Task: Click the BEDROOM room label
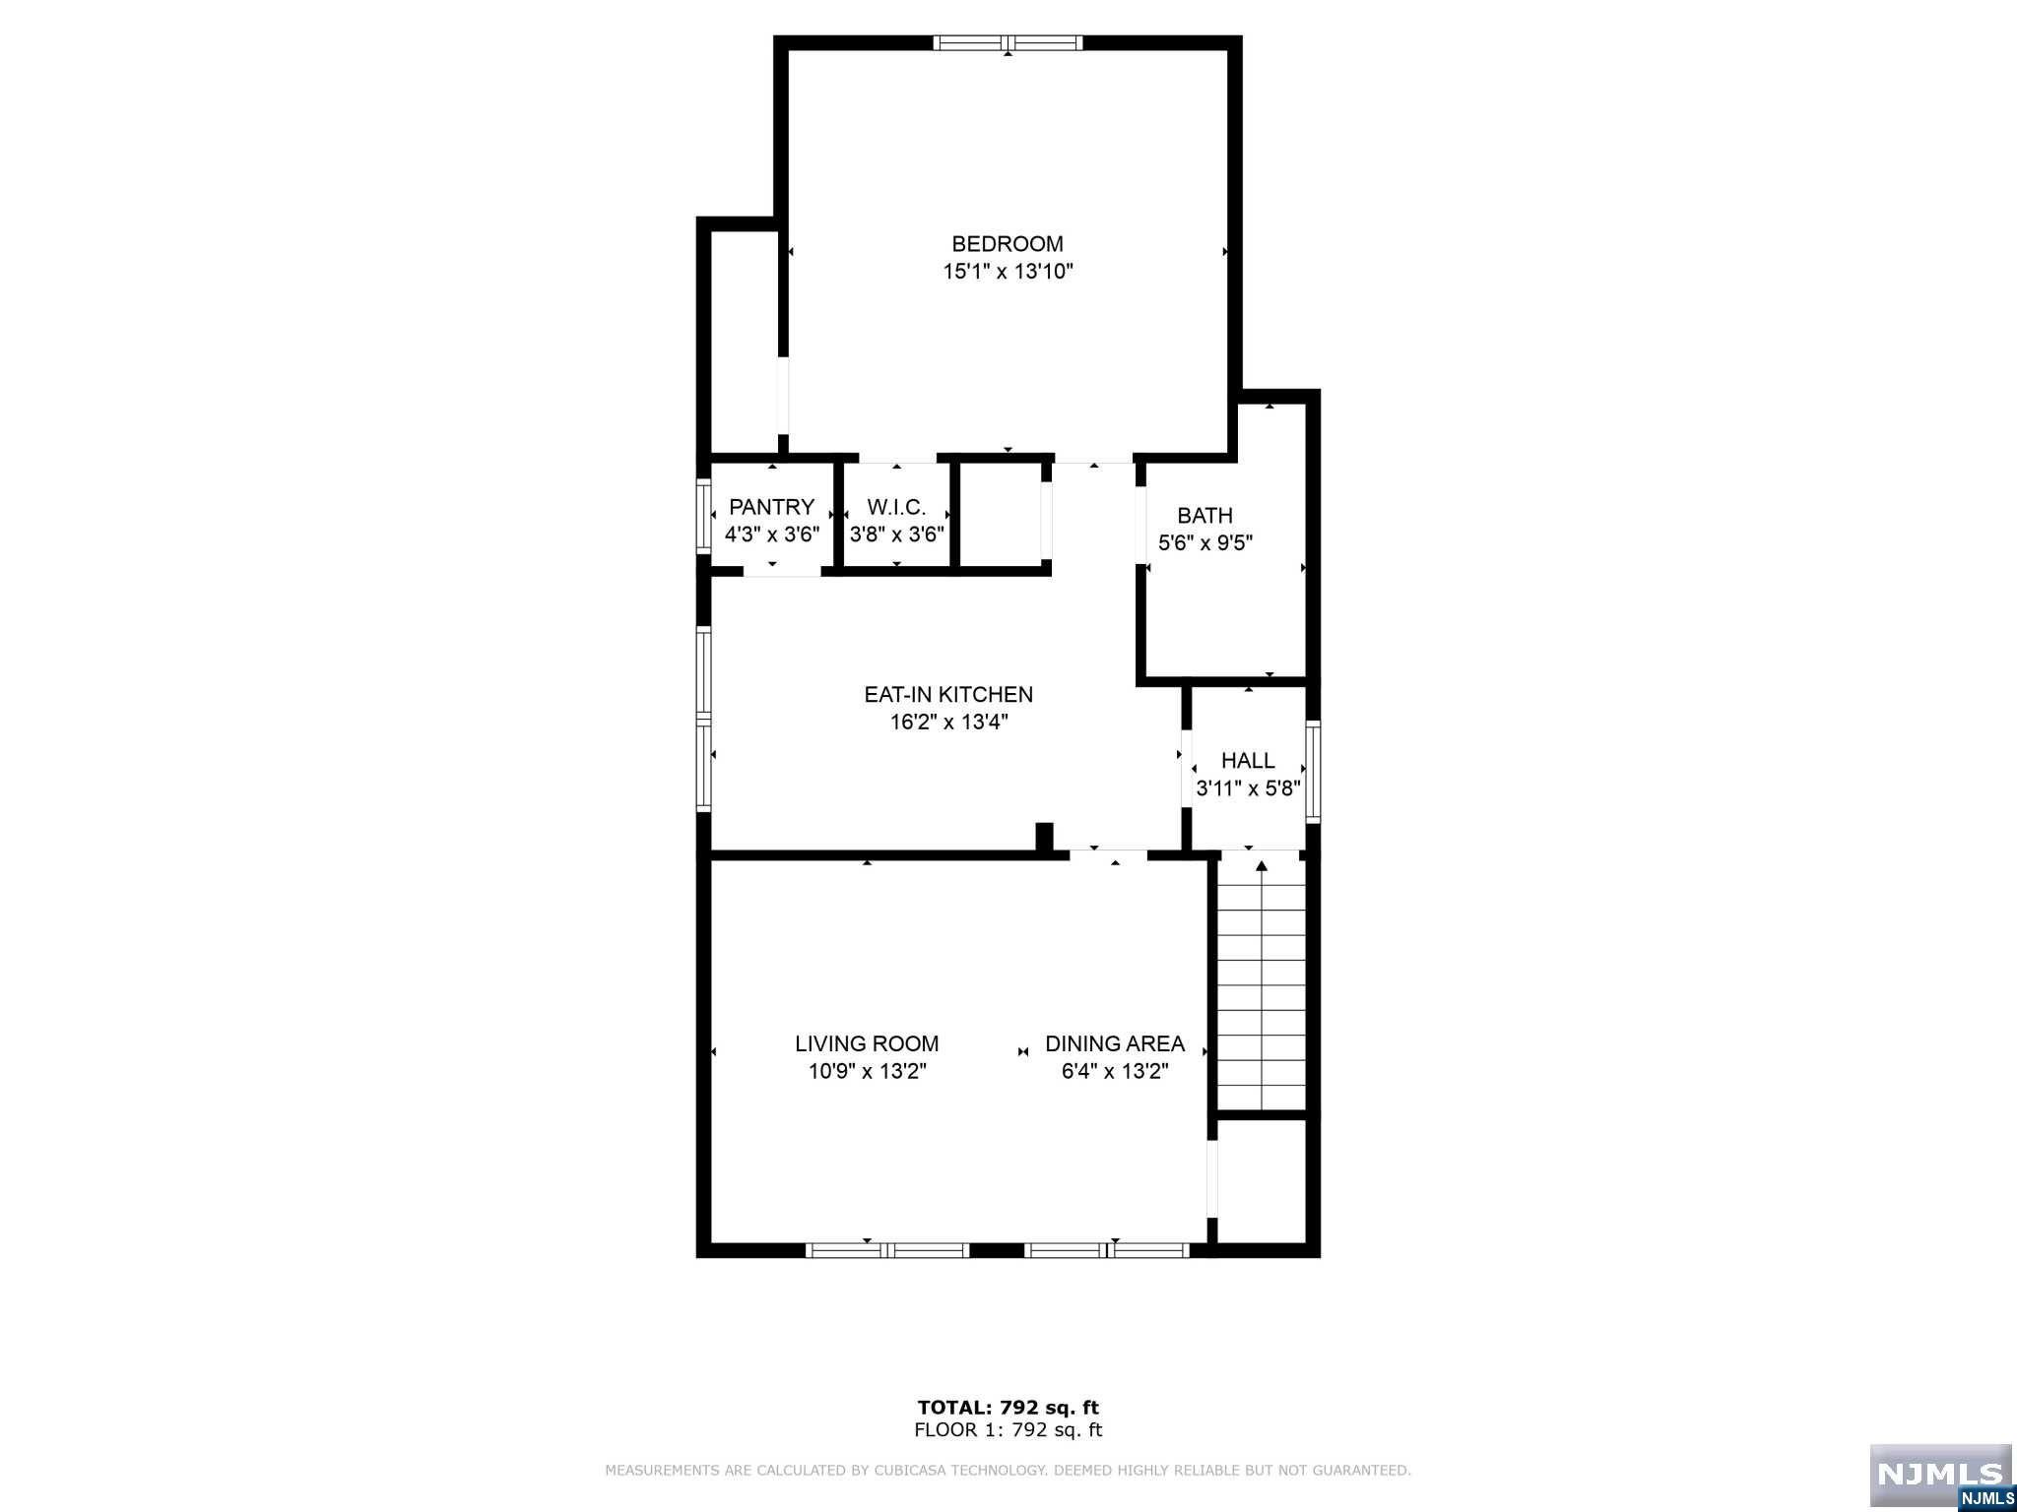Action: pyautogui.click(x=1008, y=243)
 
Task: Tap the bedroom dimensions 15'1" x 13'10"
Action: pyautogui.click(x=1008, y=272)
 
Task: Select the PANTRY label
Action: pyautogui.click(x=771, y=507)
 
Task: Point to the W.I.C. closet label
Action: pyautogui.click(x=896, y=507)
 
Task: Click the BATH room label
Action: pyautogui.click(x=1204, y=515)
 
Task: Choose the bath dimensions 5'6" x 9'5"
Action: pyautogui.click(x=1204, y=542)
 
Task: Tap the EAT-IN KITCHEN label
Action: pyautogui.click(x=948, y=694)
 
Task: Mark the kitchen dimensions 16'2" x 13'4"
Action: pyautogui.click(x=948, y=723)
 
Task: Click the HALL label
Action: pyautogui.click(x=1248, y=760)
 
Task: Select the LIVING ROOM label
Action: pyautogui.click(x=867, y=1043)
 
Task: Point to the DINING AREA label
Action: pyautogui.click(x=1115, y=1043)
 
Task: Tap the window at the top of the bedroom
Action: pyautogui.click(x=1008, y=42)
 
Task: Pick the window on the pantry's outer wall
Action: pyautogui.click(x=703, y=515)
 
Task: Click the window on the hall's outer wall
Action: pyautogui.click(x=1313, y=772)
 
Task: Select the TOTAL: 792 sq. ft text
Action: pyautogui.click(x=1008, y=1408)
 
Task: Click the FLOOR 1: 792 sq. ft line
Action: pyautogui.click(x=1008, y=1430)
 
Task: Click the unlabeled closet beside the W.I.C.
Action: pyautogui.click(x=1000, y=515)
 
